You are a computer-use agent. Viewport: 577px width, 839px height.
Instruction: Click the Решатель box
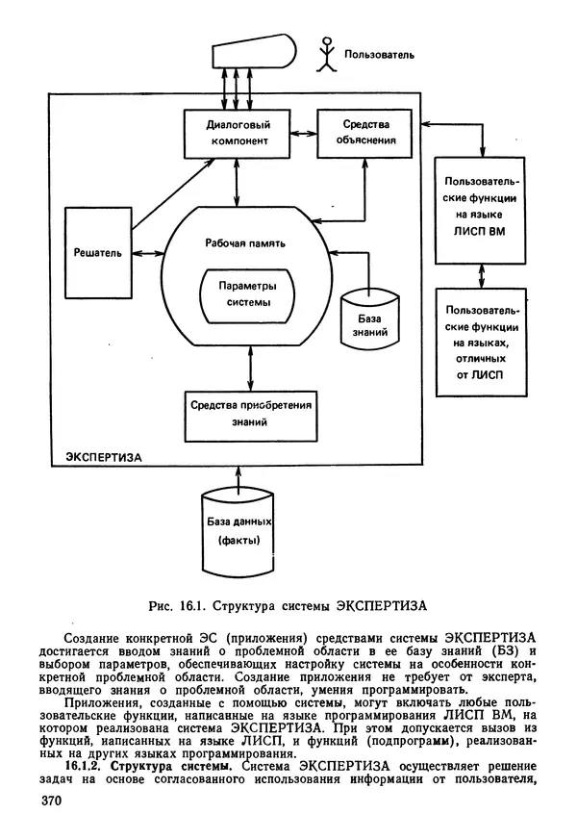coord(97,252)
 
